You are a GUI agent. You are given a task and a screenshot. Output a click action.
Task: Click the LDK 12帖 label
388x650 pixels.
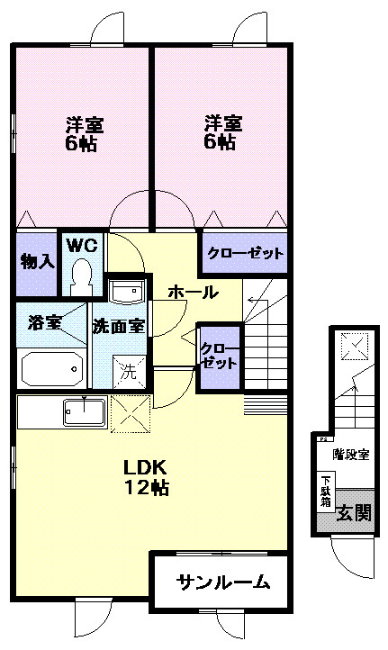147,478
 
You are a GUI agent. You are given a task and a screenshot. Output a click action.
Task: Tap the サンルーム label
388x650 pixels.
222,582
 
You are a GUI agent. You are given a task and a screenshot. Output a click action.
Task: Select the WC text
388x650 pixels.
83,246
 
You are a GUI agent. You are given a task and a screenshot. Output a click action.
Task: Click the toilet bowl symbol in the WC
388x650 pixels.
83,275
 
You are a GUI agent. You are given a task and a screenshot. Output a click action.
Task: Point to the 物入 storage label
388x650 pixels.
36,262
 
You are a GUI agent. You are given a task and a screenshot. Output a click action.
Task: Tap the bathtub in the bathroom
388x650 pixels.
52,368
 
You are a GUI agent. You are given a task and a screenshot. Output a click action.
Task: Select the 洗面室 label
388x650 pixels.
120,325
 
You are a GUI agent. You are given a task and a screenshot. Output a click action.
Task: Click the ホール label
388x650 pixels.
192,292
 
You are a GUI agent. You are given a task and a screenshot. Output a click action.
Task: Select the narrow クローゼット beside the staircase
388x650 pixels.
220,357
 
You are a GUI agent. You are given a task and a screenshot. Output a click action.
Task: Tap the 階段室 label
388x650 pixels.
351,454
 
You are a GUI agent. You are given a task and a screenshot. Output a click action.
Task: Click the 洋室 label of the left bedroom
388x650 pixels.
82,123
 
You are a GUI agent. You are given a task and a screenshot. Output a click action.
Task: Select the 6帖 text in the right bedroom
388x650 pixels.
221,142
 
